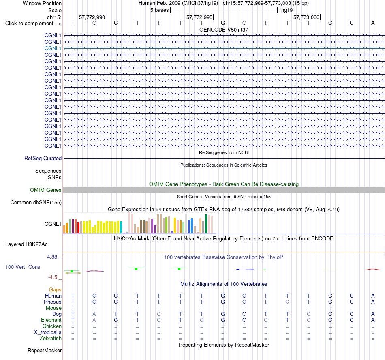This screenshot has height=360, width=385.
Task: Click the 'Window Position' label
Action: [42, 3]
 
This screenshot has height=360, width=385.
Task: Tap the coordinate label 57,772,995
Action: [199, 17]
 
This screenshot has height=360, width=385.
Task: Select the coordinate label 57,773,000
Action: [306, 17]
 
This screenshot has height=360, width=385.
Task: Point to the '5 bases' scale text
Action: [160, 10]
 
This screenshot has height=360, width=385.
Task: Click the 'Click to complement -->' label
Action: [33, 24]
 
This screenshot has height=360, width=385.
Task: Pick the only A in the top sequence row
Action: [373, 23]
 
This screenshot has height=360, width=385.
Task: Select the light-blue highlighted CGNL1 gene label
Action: [53, 48]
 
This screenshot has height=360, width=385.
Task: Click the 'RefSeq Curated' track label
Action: [43, 159]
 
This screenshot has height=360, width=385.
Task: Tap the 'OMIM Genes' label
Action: [45, 190]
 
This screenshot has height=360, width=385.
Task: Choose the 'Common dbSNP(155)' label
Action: [36, 203]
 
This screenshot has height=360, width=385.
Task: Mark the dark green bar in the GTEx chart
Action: [206, 224]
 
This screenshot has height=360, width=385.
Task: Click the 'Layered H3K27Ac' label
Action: [26, 244]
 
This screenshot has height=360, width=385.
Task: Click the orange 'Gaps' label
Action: [55, 290]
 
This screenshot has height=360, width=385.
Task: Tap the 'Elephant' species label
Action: [51, 320]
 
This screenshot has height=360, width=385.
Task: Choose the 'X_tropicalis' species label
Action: [48, 332]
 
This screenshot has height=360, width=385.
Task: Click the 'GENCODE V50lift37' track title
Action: [224, 30]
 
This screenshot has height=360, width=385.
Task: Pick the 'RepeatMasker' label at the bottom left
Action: [45, 350]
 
